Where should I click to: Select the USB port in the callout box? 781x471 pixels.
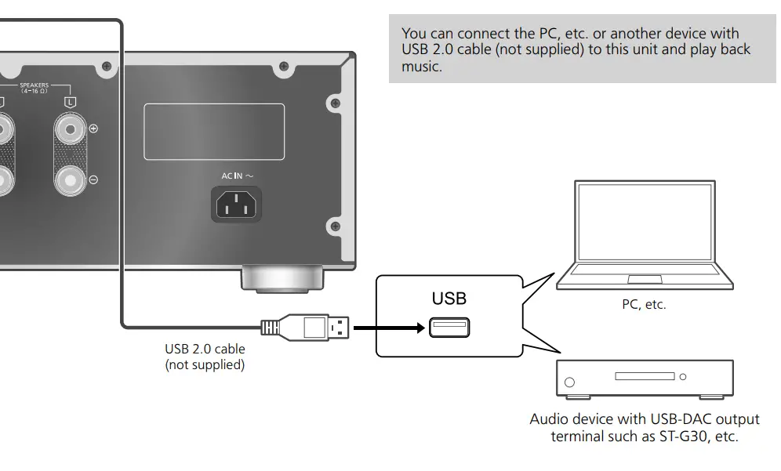click(x=449, y=328)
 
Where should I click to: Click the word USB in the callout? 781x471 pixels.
click(x=449, y=299)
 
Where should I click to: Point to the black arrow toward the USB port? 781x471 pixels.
click(x=389, y=328)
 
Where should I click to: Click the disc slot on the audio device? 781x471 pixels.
click(x=645, y=376)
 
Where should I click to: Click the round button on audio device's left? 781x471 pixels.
click(x=569, y=383)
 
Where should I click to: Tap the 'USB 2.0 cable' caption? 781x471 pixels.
click(x=205, y=350)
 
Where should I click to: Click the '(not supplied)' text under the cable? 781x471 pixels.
click(x=205, y=364)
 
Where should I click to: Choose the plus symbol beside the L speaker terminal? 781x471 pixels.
click(x=93, y=128)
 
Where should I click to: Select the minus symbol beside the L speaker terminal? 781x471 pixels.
click(x=93, y=180)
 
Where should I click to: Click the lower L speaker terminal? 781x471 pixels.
click(x=71, y=181)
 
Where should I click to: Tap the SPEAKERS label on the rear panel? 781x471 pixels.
click(x=35, y=85)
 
